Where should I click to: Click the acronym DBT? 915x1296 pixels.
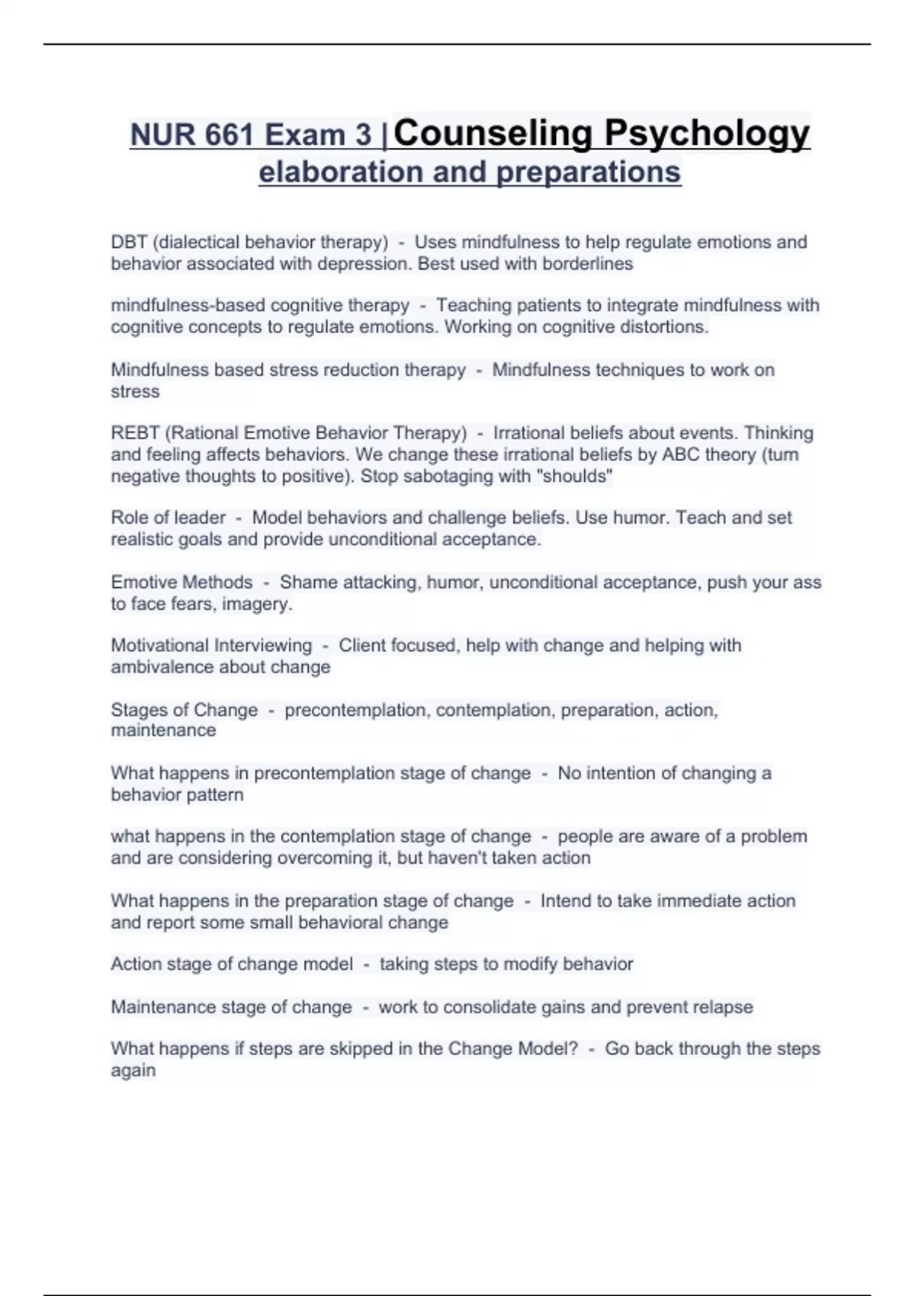(129, 242)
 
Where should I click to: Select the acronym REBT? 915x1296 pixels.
(135, 433)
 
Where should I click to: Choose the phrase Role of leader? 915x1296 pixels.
(169, 518)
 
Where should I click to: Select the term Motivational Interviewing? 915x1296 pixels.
(211, 646)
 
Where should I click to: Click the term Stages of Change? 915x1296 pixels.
(185, 710)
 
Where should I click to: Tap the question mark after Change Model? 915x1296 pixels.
(573, 1049)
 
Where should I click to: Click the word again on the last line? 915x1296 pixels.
(133, 1070)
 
